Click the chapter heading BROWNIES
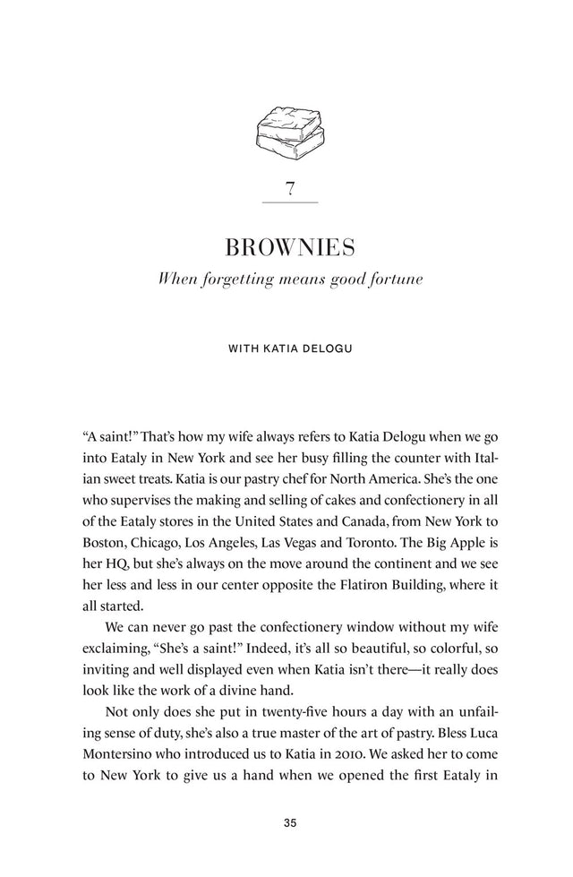click(x=288, y=245)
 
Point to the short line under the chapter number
click(x=288, y=203)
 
